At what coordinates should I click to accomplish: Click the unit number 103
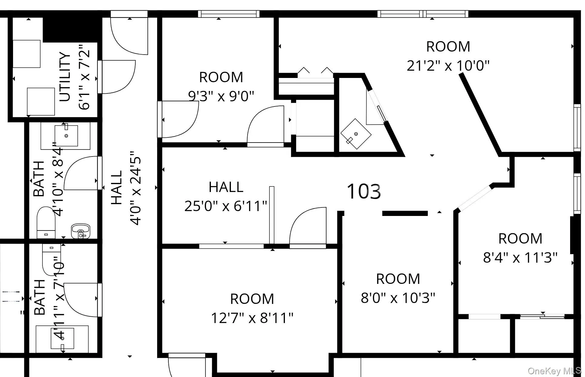(364, 191)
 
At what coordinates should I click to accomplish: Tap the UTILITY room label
(65, 77)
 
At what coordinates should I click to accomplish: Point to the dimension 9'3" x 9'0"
(221, 96)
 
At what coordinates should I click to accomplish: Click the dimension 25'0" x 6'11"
(226, 206)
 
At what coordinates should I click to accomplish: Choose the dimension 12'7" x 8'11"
(252, 318)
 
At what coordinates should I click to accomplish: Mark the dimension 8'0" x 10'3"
(398, 298)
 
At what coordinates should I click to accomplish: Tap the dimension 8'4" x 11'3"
(520, 258)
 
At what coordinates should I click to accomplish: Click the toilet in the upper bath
(46, 222)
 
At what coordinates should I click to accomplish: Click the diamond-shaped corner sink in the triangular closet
(356, 134)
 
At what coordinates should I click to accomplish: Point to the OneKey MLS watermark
(554, 371)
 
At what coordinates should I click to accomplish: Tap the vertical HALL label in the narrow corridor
(117, 187)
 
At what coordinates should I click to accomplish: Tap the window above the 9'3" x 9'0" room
(229, 14)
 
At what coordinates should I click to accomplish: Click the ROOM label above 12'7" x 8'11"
(252, 299)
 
